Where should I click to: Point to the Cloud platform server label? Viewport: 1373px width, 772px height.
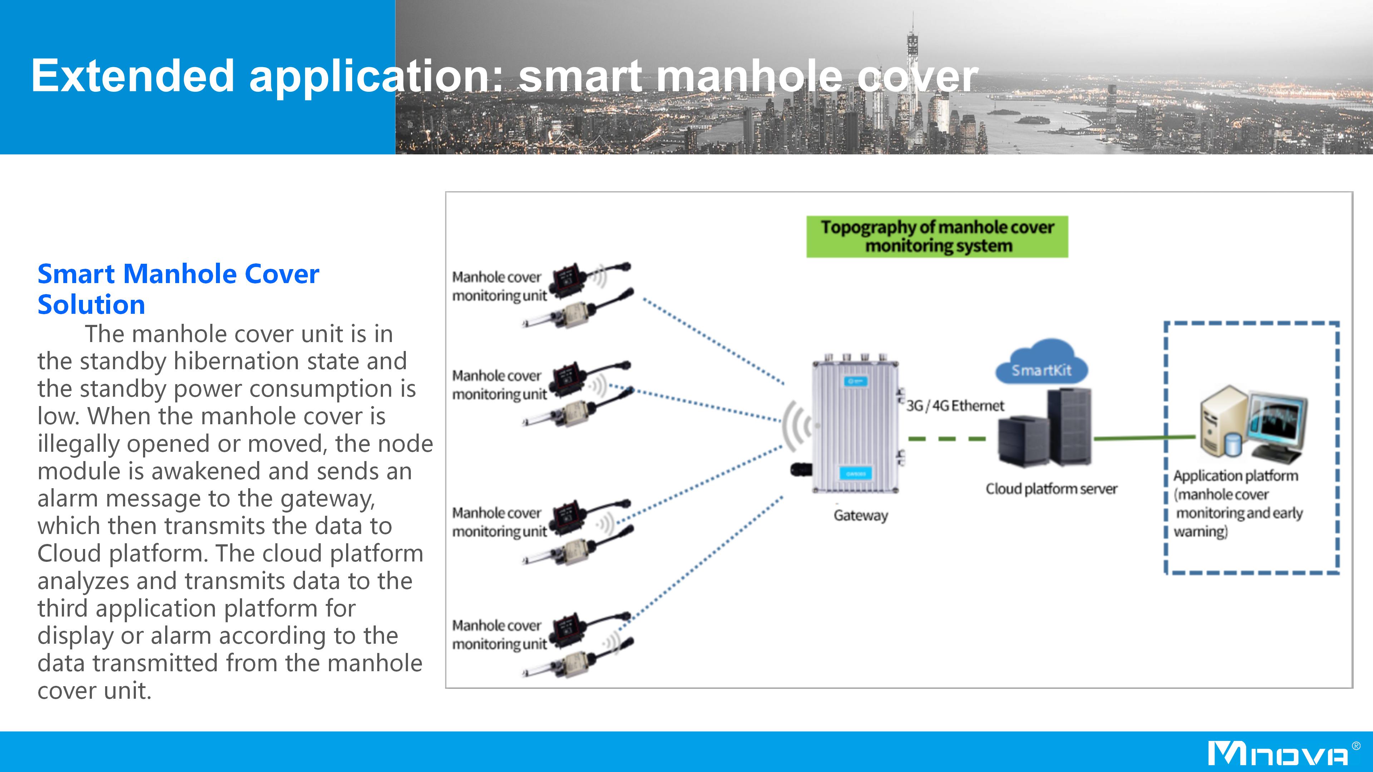1051,489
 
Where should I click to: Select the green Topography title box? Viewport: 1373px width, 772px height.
937,237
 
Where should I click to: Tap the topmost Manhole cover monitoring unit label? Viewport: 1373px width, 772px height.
500,286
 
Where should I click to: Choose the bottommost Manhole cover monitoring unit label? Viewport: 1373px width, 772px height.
500,634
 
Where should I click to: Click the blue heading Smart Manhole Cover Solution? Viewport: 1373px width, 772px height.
178,289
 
